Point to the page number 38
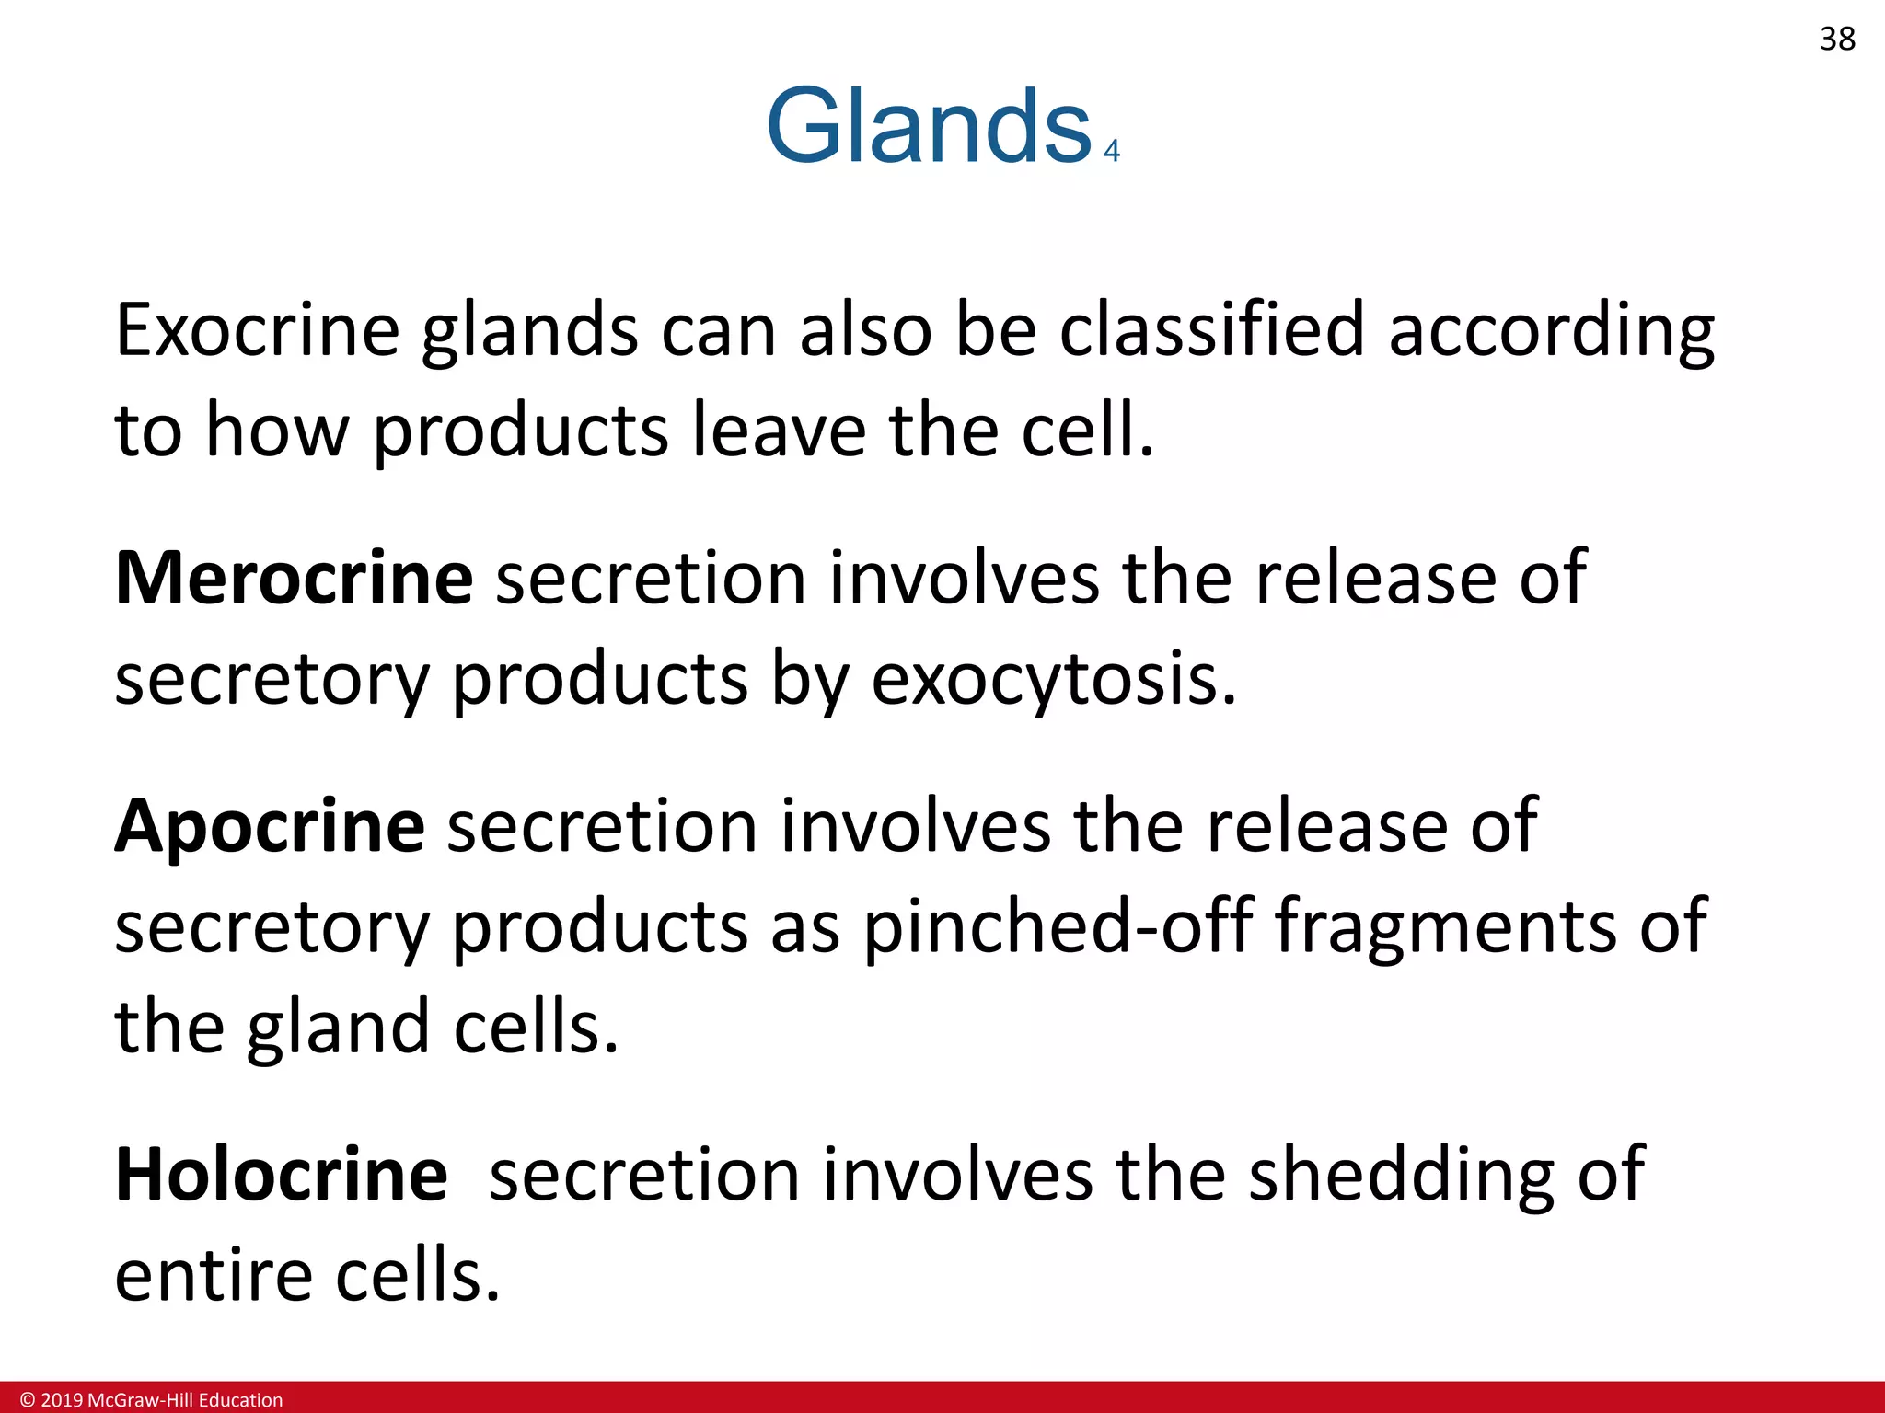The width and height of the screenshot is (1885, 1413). pos(1837,40)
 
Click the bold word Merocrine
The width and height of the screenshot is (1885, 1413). pos(294,578)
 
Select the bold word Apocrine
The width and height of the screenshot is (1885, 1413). pos(269,826)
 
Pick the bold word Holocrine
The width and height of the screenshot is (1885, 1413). pos(281,1175)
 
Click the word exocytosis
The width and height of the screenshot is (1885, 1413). pos(1054,679)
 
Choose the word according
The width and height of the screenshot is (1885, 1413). pos(1551,331)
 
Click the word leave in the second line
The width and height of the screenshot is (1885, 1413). pos(779,431)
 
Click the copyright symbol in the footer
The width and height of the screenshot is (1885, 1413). pos(28,1400)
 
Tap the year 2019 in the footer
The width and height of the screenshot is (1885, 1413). pos(61,1400)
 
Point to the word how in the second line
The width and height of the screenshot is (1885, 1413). pos(277,431)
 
